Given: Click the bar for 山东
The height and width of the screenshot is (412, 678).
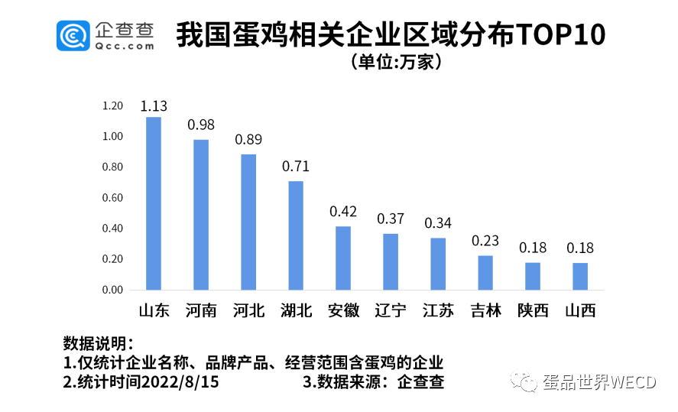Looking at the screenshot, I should (154, 203).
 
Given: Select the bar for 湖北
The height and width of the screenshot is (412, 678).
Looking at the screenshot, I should (296, 235).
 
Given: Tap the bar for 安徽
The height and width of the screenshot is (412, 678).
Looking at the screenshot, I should (343, 258).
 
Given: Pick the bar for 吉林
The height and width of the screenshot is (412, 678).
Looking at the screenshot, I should (485, 273).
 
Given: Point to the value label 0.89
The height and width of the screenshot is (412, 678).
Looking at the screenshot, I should (248, 140).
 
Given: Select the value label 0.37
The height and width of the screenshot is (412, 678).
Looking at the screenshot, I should (391, 219).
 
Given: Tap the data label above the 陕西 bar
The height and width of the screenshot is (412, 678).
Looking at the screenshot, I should (533, 248).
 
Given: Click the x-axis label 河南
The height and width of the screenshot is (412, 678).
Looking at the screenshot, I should (201, 310).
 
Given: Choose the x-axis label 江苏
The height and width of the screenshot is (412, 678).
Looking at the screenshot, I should (438, 310).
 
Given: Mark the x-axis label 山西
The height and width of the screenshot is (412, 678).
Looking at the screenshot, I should (580, 310).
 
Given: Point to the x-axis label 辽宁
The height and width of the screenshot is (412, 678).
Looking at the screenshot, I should (391, 310).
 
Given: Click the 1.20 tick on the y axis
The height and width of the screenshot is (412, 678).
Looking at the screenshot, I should (112, 106).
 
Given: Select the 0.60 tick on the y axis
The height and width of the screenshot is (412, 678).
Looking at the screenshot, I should (112, 198).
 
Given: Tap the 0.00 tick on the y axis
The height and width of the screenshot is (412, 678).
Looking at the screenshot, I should (112, 290).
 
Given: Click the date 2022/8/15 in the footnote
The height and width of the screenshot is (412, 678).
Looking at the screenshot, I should (180, 382).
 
